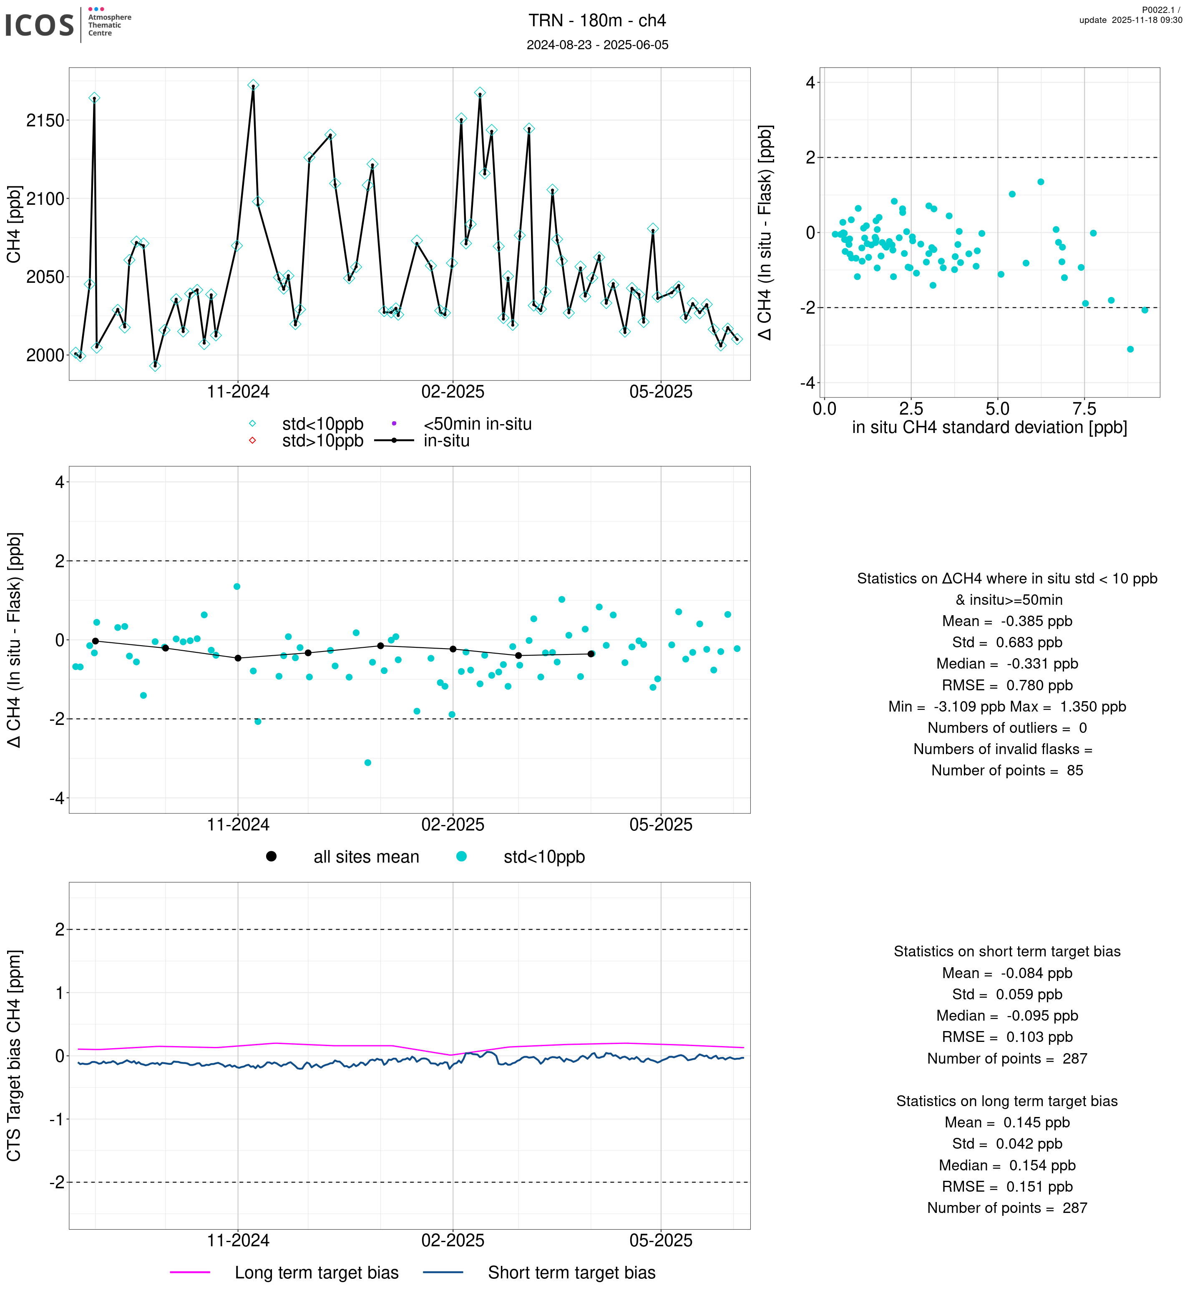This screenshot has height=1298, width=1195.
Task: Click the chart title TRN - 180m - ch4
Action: [597, 21]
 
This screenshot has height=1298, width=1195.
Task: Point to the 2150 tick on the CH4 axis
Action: [45, 121]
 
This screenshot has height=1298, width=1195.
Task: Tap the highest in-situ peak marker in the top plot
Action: [254, 86]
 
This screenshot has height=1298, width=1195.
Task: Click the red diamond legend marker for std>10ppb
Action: [252, 441]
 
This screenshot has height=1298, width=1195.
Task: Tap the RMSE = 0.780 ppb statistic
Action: [1007, 686]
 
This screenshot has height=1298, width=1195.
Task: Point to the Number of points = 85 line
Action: [1007, 771]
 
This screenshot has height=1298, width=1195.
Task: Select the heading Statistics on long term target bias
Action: [1007, 1102]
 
